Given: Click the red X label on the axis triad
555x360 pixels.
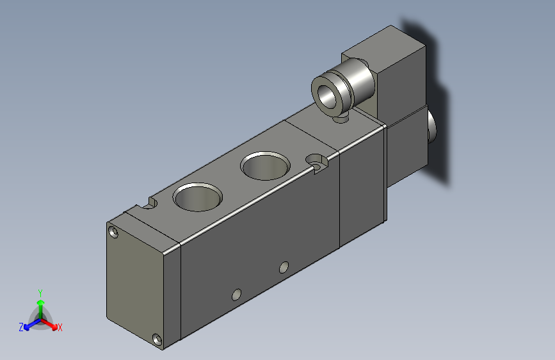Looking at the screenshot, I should click(x=60, y=327).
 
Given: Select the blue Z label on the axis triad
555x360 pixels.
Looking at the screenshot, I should click(x=21, y=327).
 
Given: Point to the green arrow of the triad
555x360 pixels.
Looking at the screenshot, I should click(x=40, y=304).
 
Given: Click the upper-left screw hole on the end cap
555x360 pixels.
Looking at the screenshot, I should click(x=114, y=232).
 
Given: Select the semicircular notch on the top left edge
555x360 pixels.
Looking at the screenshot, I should click(x=151, y=204).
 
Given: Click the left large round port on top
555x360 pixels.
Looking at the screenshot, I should click(x=198, y=197).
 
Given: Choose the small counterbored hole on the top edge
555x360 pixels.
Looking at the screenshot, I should click(x=316, y=160).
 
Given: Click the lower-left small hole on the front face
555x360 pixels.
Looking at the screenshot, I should click(x=236, y=295).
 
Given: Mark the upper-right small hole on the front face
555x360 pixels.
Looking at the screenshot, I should click(x=284, y=266).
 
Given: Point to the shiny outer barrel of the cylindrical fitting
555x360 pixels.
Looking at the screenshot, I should click(x=359, y=80).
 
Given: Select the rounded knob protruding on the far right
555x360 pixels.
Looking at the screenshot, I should click(x=431, y=127).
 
